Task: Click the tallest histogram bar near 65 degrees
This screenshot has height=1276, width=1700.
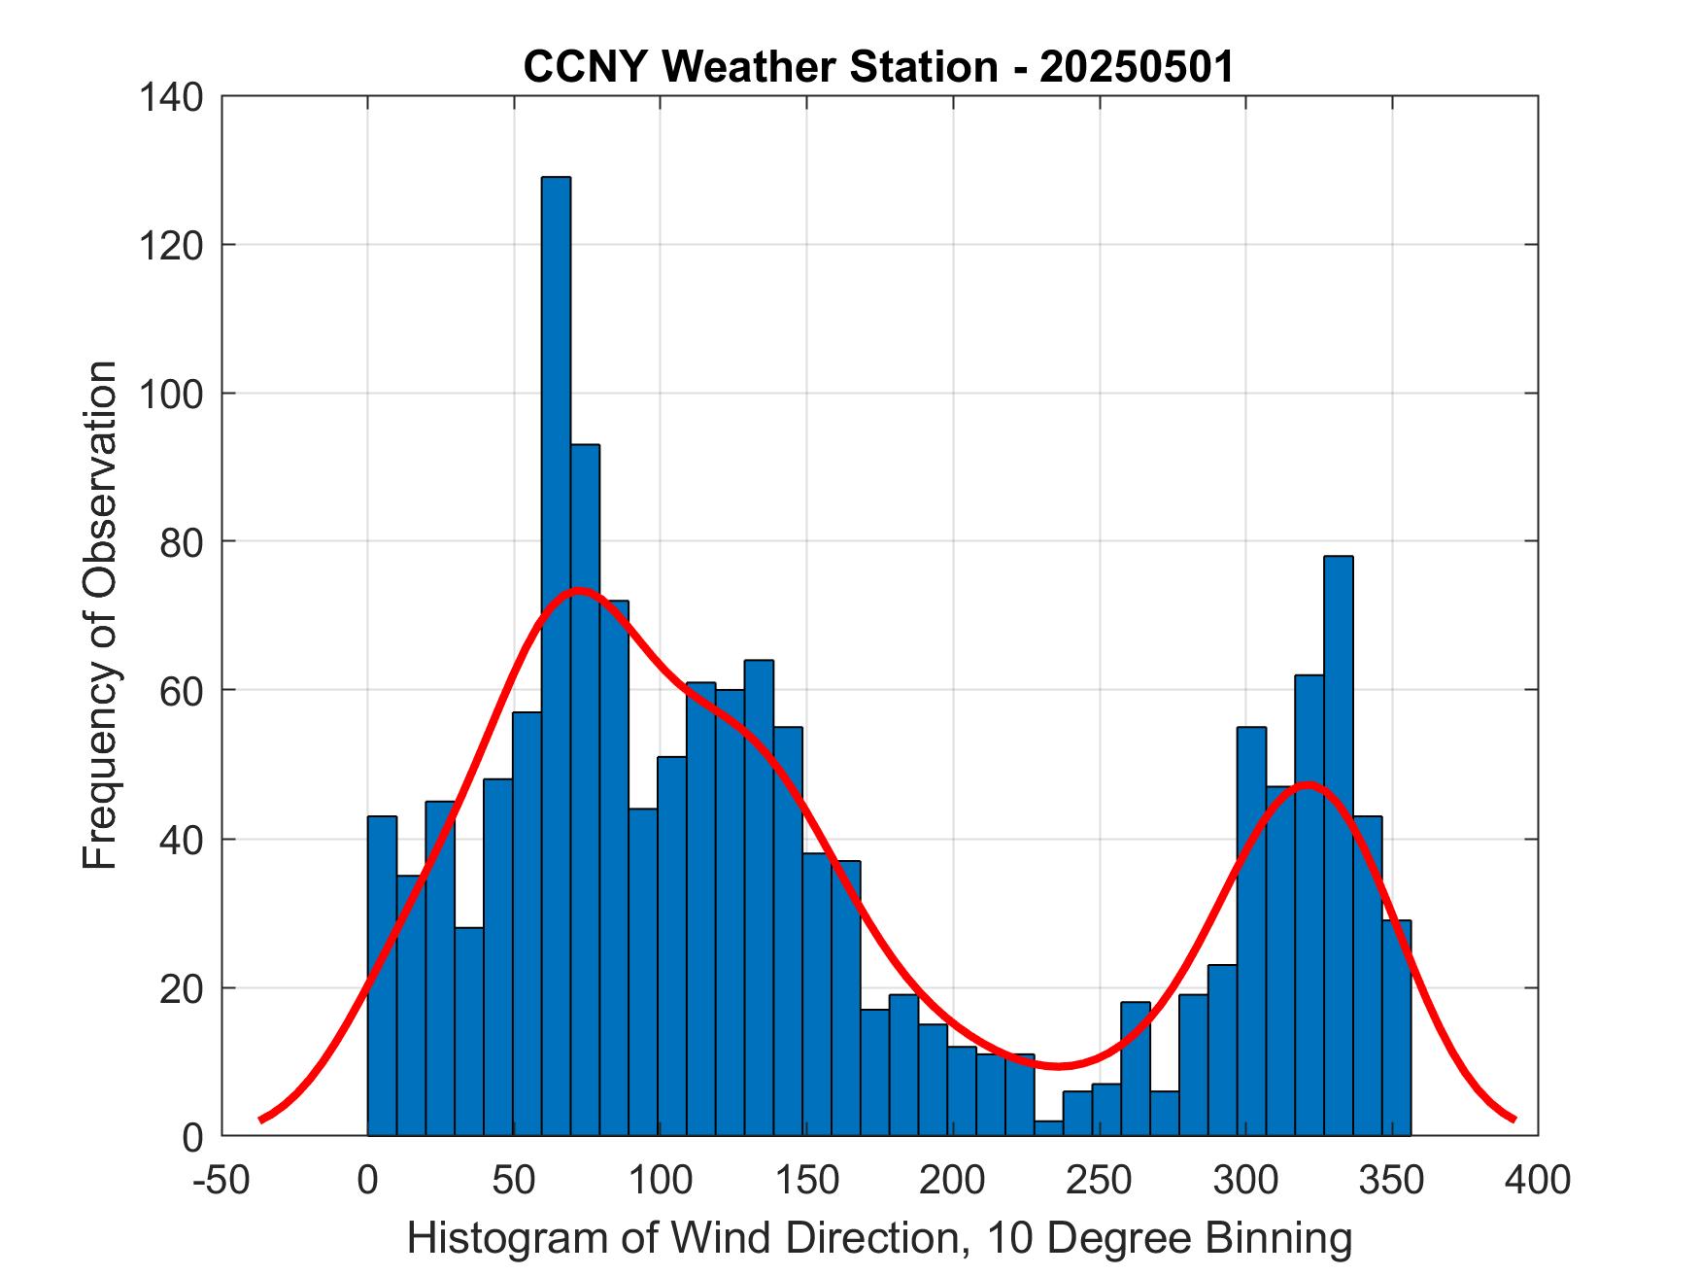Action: [556, 656]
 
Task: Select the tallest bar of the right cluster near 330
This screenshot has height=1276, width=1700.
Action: [1338, 845]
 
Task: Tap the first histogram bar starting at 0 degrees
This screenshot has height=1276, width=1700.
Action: [382, 976]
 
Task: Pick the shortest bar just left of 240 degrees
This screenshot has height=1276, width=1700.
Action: [1048, 1128]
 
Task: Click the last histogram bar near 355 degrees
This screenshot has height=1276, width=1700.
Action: [1396, 1028]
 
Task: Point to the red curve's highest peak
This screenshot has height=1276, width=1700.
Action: [579, 590]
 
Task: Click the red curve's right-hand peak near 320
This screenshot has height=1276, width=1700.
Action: [1308, 783]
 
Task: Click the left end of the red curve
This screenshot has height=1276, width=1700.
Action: [261, 1120]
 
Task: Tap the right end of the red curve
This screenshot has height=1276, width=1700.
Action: [1513, 1120]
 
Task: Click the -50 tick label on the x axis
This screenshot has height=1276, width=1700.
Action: [221, 1180]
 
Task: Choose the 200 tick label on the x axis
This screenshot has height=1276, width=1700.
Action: [953, 1180]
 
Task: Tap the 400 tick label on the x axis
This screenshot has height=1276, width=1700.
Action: [1538, 1180]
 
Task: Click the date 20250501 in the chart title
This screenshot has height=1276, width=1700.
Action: [1138, 67]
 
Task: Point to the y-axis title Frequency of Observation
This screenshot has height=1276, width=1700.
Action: [100, 615]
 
